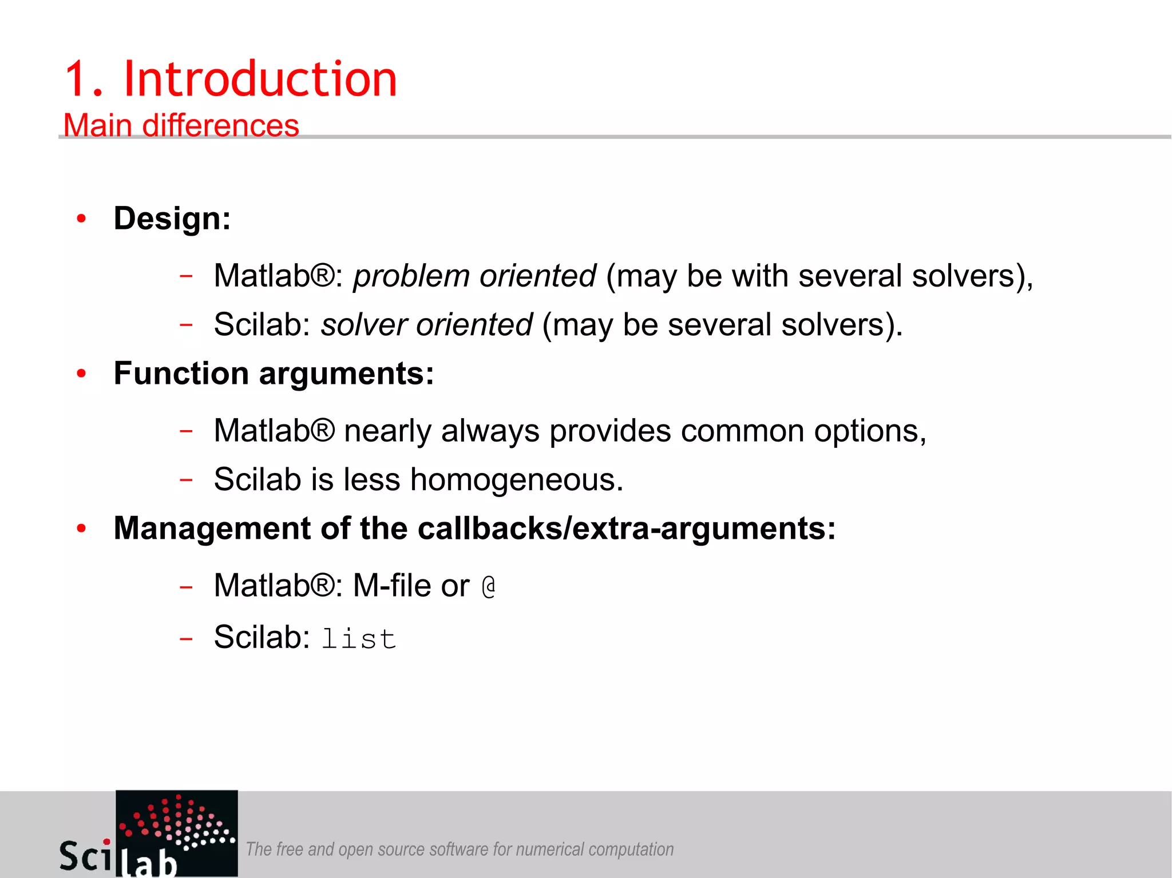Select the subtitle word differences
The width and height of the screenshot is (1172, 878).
(x=220, y=125)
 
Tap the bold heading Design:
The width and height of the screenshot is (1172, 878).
(x=172, y=218)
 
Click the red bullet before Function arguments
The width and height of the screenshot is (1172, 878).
(x=81, y=374)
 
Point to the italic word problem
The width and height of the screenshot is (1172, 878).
(x=410, y=276)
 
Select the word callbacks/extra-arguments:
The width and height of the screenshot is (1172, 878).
(x=627, y=528)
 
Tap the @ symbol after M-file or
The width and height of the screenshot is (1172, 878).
(x=488, y=587)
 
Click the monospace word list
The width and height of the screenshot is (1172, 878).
(x=359, y=638)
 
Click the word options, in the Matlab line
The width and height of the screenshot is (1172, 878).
(x=870, y=431)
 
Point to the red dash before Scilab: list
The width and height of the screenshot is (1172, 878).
(x=185, y=638)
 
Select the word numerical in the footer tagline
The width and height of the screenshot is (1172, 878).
(x=550, y=849)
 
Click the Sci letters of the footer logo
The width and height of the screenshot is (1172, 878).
(x=86, y=856)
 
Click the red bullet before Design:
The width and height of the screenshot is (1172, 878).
(x=81, y=218)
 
